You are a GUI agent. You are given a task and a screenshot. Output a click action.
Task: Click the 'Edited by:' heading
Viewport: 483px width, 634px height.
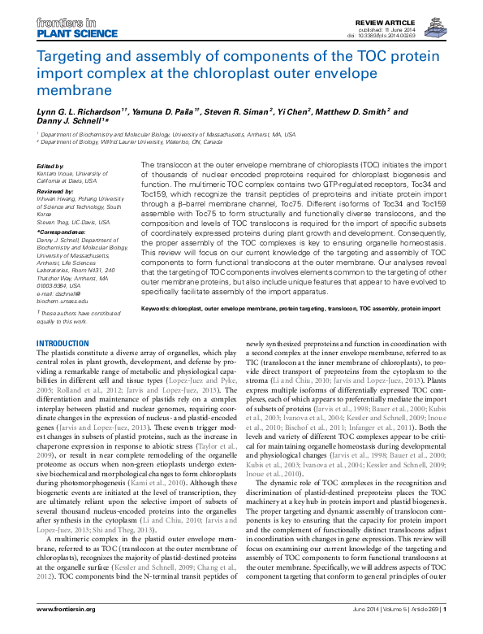tap(51, 166)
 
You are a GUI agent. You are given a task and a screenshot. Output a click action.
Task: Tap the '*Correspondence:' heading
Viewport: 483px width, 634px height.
tap(59, 232)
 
